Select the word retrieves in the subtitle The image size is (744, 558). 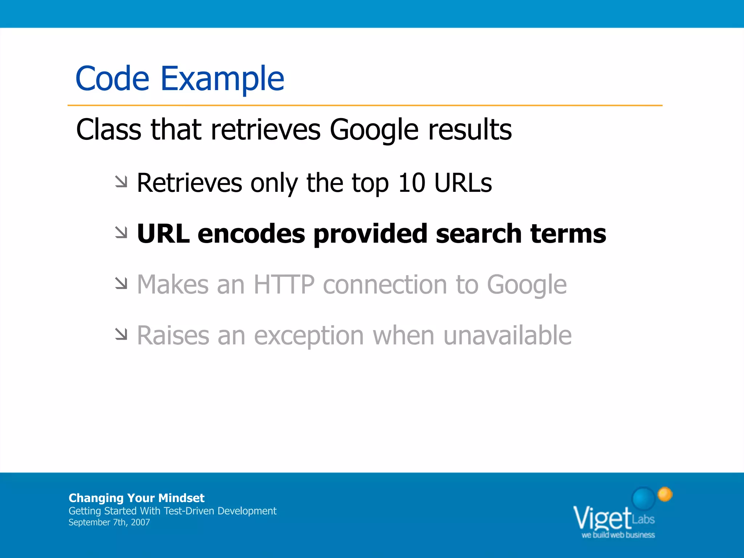266,130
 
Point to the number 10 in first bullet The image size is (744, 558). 412,183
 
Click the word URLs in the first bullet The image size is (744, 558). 463,183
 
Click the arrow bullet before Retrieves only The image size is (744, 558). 121,182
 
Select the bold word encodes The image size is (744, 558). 251,234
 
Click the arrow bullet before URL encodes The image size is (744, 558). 121,232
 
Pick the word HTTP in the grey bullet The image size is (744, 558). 284,284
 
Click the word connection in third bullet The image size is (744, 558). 385,284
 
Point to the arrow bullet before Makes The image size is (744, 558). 121,283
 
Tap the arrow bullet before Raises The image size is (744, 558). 121,334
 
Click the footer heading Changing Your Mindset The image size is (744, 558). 136,498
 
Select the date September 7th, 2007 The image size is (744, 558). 109,522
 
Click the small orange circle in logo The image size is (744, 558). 665,494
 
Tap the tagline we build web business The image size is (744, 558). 618,535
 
